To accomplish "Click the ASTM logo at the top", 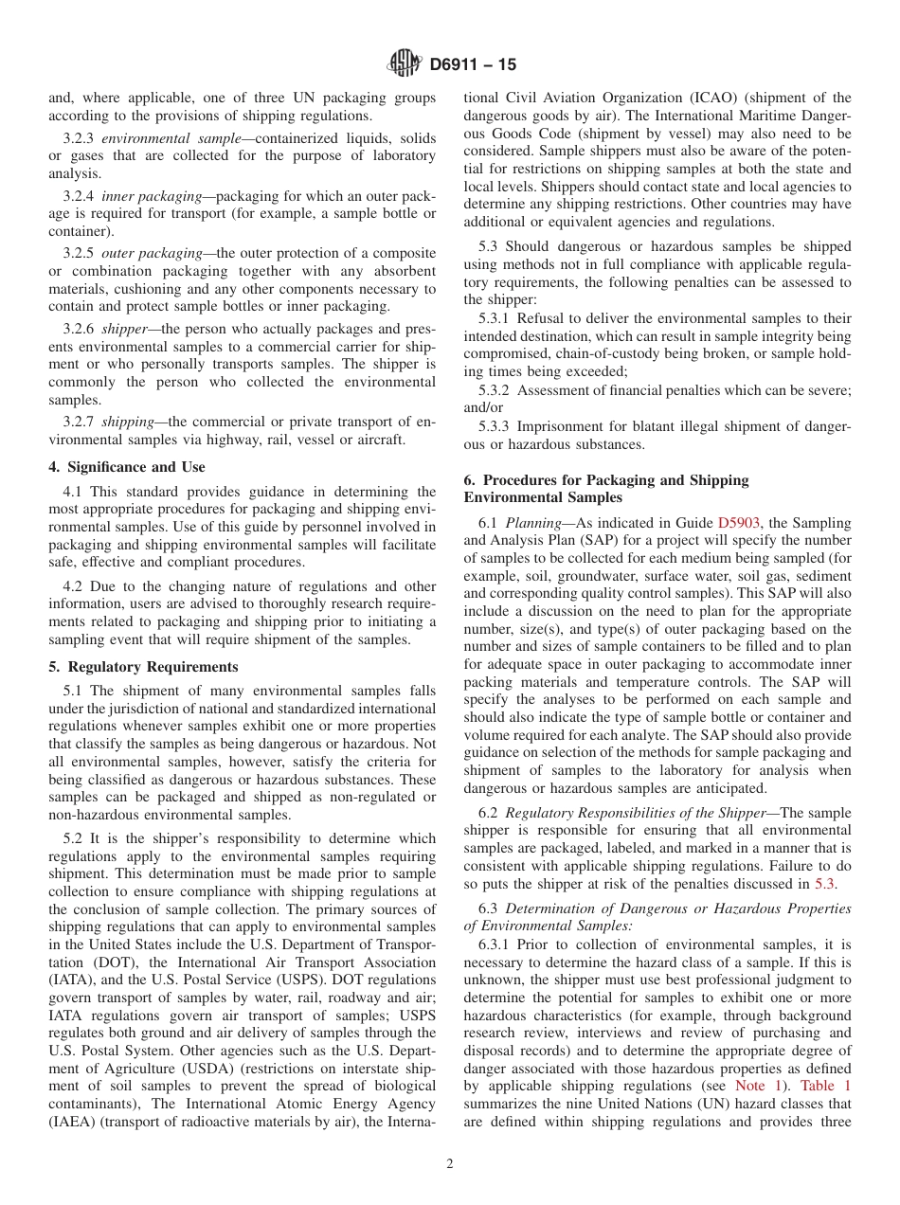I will click(405, 65).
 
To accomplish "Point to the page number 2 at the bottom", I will click(450, 1164).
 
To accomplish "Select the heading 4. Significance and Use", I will click(127, 467).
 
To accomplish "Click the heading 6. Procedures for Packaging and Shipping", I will click(606, 480).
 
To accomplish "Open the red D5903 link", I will click(739, 523).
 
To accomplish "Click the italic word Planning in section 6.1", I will click(533, 523).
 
